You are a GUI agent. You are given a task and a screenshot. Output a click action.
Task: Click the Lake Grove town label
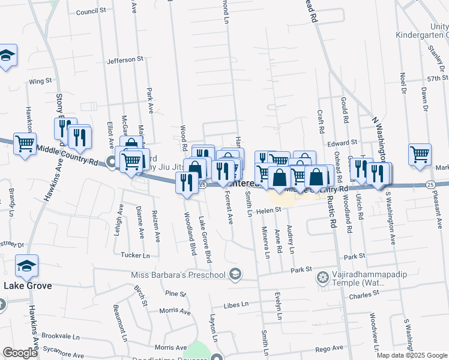28,286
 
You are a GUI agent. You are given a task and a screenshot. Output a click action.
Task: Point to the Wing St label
40,80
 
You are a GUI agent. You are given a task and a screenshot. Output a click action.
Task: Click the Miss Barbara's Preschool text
178,275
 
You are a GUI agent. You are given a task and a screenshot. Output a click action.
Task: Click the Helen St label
270,210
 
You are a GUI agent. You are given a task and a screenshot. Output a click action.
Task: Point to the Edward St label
342,143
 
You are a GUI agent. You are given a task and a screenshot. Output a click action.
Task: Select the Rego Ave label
329,347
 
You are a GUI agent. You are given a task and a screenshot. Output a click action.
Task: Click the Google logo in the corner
20,353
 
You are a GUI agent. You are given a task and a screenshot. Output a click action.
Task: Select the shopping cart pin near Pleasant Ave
420,154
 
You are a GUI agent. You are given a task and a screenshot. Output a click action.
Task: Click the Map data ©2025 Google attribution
412,355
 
